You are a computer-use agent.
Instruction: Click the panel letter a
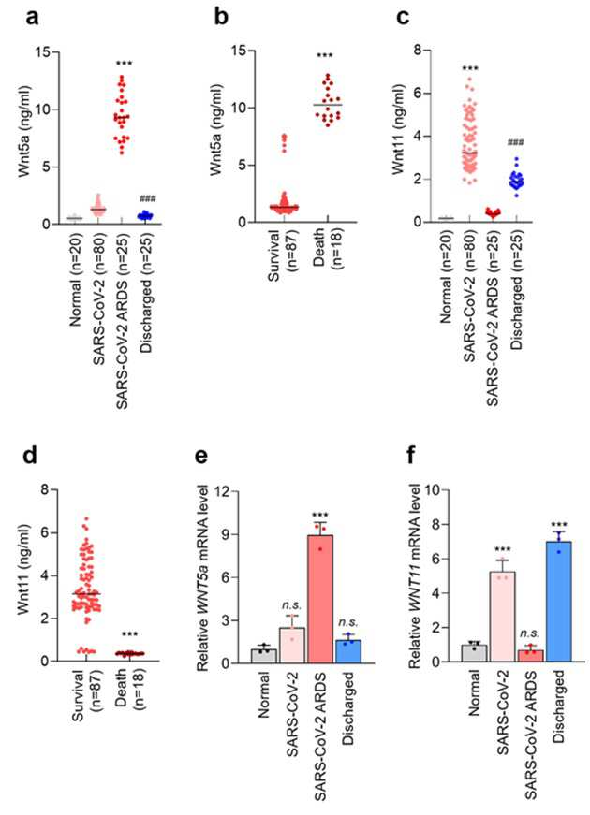pos(32,17)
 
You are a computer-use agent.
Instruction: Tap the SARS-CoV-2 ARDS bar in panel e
pos(320,599)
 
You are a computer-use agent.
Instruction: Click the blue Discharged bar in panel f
pos(558,602)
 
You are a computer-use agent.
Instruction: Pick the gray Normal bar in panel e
pos(263,656)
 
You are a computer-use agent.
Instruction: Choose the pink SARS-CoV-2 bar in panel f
pos(502,617)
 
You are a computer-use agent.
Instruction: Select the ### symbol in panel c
pos(516,142)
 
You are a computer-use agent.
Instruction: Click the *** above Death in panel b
pos(325,56)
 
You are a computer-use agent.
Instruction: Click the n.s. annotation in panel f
pos(530,633)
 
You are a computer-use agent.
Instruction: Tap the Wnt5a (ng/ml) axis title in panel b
pos(215,129)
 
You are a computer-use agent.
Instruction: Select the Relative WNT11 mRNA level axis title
pos(414,575)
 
